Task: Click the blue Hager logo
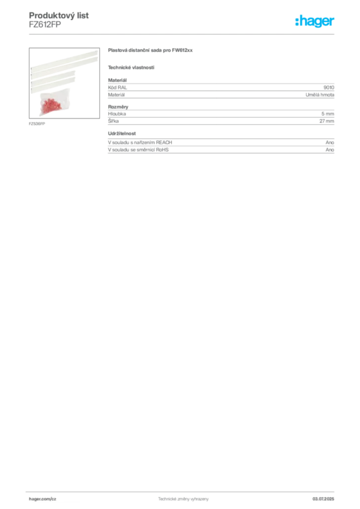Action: point(315,22)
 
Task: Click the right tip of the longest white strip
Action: point(97,50)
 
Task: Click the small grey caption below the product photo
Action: point(38,124)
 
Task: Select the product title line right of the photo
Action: point(151,51)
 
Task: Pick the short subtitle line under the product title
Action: point(131,68)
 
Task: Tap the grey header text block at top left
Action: point(60,20)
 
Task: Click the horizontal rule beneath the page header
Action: point(183,34)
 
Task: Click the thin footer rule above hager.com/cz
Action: point(183,491)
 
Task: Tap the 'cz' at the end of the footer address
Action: point(54,498)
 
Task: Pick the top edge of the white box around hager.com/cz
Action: point(56,493)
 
